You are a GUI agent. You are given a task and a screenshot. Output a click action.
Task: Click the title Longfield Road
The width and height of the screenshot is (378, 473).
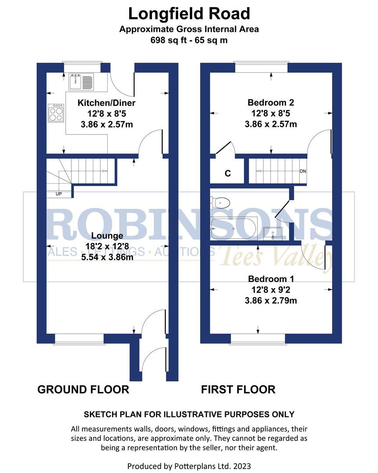189,14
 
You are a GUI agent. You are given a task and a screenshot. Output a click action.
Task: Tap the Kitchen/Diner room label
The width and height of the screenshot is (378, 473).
106,103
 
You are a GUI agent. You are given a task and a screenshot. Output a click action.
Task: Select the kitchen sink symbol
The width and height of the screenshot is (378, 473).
81,81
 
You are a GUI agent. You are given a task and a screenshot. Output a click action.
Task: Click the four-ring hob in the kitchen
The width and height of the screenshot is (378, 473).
56,113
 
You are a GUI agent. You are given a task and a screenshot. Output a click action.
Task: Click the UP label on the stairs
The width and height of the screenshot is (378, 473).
58,194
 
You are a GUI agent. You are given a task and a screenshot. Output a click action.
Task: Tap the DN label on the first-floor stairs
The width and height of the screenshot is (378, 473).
303,171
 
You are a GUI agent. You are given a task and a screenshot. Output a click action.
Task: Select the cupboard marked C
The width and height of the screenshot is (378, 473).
227,173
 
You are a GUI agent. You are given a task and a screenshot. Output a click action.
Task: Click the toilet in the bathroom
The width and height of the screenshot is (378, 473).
221,202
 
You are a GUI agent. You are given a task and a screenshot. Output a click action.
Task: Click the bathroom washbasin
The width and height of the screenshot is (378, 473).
274,232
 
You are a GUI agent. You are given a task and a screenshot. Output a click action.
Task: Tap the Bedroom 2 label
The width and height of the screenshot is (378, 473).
271,103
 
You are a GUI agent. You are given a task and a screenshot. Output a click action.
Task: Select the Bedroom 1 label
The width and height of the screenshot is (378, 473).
271,279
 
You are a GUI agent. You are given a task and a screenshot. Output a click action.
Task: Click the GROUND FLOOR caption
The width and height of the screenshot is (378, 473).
83,389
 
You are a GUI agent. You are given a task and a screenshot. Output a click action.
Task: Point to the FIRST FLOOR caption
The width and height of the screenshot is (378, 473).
238,389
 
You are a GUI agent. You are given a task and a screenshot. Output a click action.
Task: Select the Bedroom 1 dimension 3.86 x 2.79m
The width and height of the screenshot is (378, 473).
271,300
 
